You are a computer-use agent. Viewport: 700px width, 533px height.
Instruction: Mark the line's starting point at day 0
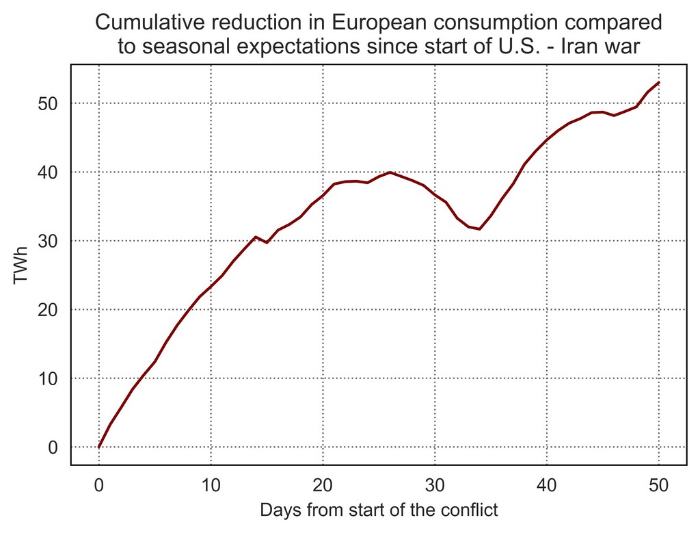coord(99,447)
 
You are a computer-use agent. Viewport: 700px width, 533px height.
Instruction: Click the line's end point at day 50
coord(658,82)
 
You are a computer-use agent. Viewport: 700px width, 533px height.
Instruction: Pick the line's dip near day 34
coord(479,229)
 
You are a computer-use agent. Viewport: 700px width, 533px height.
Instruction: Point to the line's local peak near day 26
coord(390,172)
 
